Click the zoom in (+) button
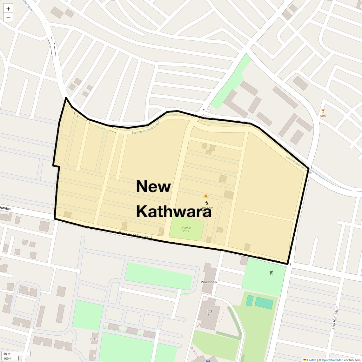click(x=8, y=9)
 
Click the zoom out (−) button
click(x=8, y=18)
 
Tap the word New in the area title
click(x=153, y=186)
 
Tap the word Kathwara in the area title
click(x=174, y=211)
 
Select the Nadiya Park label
click(x=186, y=229)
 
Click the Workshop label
click(x=209, y=282)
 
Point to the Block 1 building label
click(x=209, y=313)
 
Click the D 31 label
click(x=93, y=339)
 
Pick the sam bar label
click(x=323, y=116)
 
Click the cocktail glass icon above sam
click(x=323, y=111)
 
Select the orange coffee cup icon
click(x=206, y=196)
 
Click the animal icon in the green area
click(x=271, y=272)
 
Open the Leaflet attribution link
click(x=312, y=360)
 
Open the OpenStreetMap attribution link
click(x=332, y=360)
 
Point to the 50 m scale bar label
click(x=7, y=354)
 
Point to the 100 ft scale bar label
click(x=8, y=359)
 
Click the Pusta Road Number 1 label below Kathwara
click(x=136, y=236)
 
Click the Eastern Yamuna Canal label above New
click(x=141, y=129)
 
